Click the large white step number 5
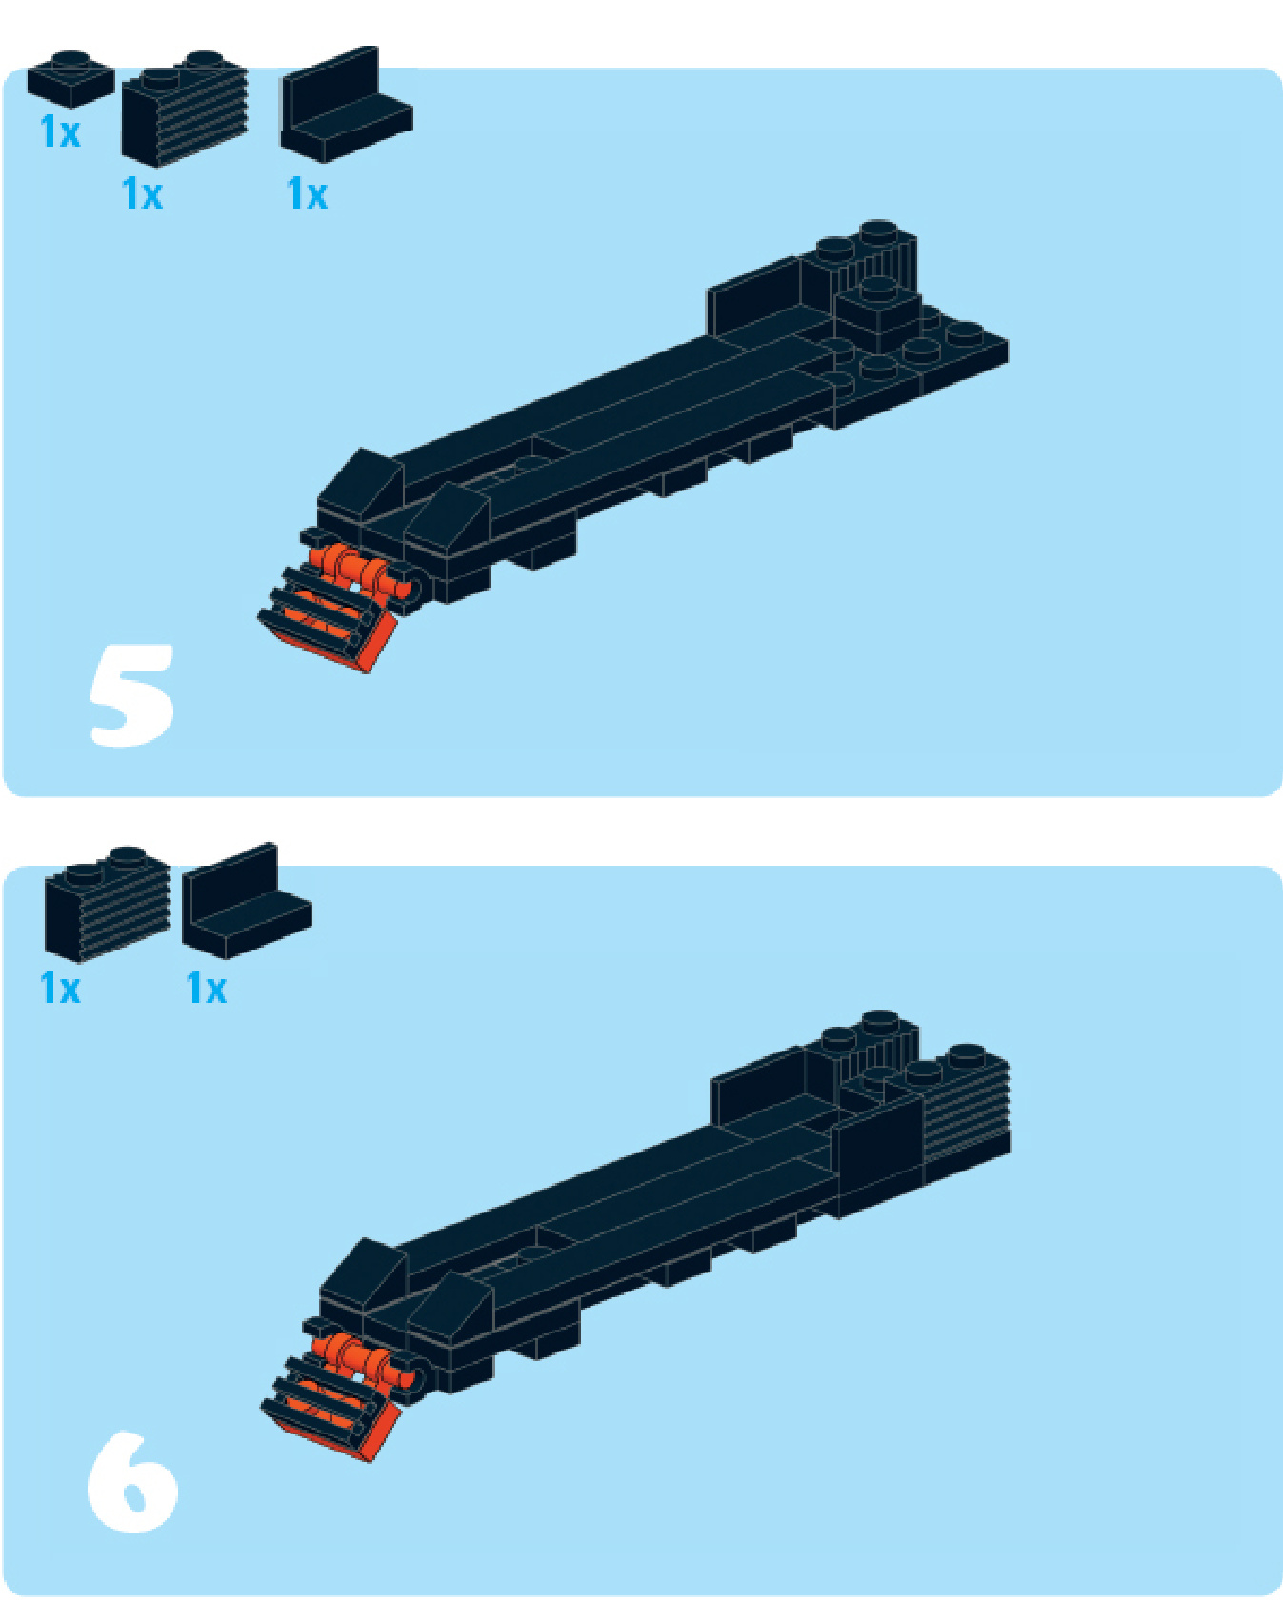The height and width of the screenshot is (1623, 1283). click(131, 693)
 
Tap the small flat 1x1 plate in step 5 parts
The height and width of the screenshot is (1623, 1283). click(70, 78)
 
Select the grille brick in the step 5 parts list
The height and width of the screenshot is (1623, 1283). click(184, 109)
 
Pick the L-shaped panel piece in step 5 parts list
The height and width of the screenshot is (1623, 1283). click(345, 105)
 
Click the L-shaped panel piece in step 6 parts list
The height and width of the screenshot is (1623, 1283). click(246, 901)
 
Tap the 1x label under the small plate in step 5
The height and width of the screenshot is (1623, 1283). click(60, 131)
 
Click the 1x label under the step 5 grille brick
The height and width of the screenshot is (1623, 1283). click(143, 194)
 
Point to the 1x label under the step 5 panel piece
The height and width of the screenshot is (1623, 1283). click(307, 194)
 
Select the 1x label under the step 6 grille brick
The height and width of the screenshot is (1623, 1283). click(60, 988)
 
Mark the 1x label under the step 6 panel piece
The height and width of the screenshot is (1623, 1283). click(207, 988)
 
